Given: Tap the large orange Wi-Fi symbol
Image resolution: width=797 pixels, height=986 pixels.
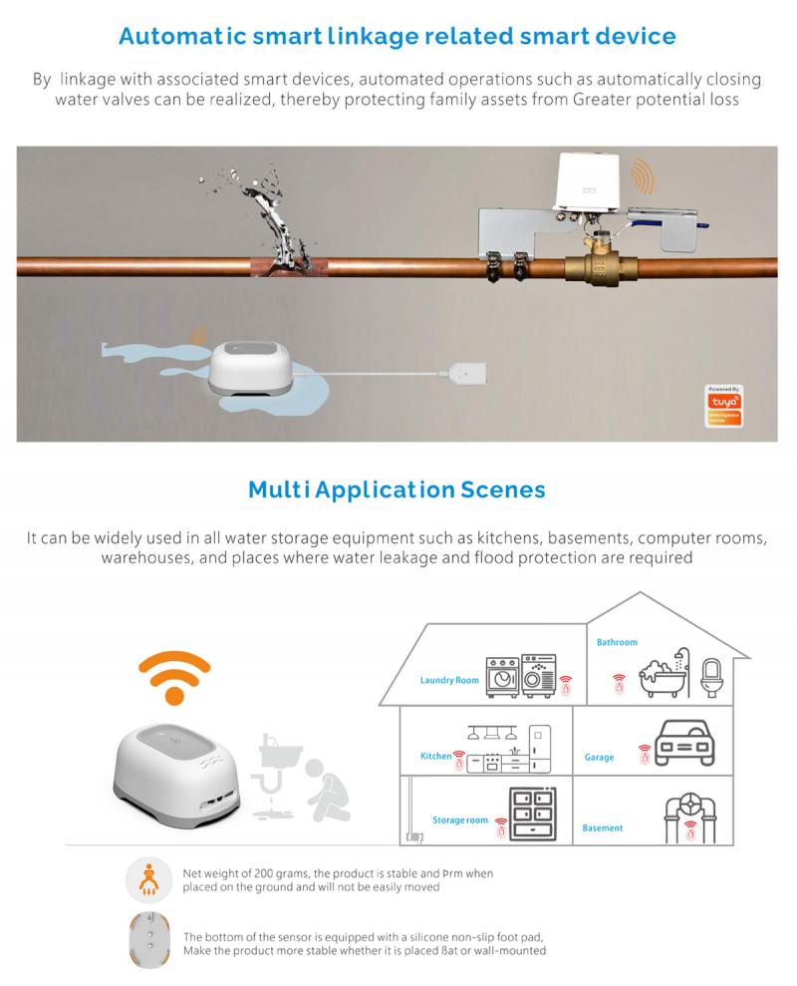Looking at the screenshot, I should (173, 675).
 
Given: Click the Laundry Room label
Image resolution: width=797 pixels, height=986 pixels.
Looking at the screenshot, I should (449, 681).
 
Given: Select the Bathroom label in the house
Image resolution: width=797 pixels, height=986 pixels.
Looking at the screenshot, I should (617, 643).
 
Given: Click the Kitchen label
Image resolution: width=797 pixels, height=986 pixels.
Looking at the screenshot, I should (435, 757).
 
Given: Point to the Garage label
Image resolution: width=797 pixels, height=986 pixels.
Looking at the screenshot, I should (600, 758).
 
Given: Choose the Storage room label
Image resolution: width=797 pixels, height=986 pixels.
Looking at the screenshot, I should (460, 820).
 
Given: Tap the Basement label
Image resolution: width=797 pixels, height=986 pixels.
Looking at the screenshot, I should (603, 827).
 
